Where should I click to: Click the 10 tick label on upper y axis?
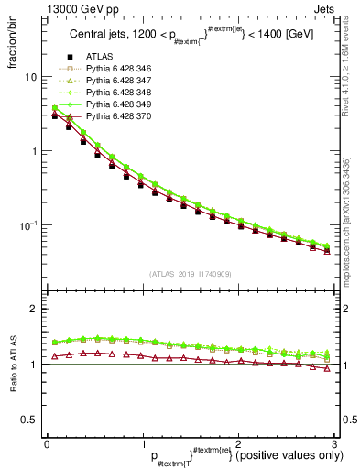click(x=30, y=78)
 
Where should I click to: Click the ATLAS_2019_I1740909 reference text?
click(x=191, y=274)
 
